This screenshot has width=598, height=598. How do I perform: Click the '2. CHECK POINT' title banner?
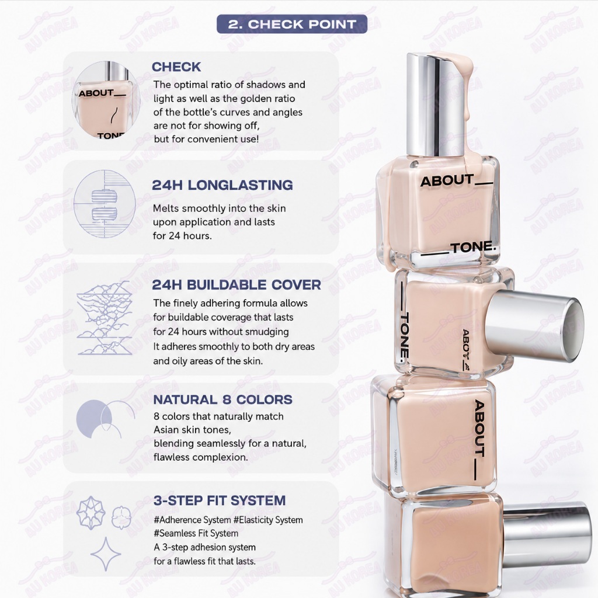pos(292,24)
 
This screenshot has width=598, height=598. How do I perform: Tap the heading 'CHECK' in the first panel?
pos(176,67)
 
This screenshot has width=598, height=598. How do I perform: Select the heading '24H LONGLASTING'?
pos(222,185)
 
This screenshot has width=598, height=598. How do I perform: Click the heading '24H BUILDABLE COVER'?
pos(237,285)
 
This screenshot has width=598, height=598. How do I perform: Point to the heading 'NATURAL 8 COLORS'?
pos(222,399)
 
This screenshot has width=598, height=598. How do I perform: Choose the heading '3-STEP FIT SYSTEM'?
pos(220,500)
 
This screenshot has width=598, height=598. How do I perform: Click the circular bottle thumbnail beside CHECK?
pos(106,100)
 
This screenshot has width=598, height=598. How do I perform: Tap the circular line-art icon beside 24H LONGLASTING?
pos(105,204)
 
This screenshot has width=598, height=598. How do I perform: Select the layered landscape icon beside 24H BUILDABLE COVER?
pos(105,318)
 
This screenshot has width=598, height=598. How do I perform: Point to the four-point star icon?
pos(106,554)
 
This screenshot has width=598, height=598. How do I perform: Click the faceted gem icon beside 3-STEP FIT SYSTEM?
pos(91,513)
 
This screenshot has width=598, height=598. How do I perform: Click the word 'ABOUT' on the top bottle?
pos(447,181)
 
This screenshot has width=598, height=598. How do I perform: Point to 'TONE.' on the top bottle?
pos(473,248)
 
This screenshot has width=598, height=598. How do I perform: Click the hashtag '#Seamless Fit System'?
pos(196,533)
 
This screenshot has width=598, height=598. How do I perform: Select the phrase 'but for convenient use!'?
pos(206,139)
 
